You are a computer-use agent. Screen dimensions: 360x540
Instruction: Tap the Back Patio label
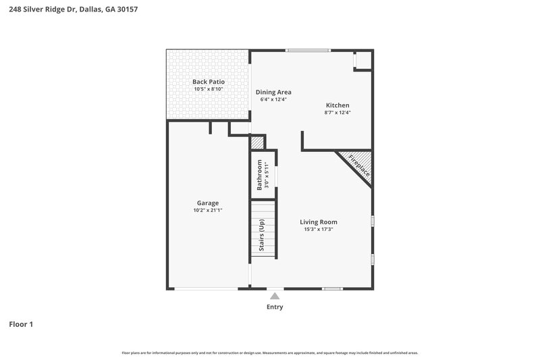point(208,82)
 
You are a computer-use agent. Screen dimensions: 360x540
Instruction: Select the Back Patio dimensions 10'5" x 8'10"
point(208,89)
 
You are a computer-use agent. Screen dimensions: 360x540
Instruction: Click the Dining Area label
point(273,92)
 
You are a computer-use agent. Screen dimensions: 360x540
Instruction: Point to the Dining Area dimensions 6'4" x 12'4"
point(273,100)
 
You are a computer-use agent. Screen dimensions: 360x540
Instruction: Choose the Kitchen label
point(337,105)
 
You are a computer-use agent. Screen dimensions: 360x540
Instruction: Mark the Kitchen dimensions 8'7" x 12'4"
point(337,113)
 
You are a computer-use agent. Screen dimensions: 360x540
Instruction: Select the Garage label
point(207,203)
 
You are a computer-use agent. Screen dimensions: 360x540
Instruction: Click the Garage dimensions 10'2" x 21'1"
point(207,211)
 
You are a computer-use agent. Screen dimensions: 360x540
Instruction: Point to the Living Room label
point(319,222)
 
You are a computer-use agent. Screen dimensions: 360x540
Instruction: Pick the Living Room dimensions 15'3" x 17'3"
point(319,230)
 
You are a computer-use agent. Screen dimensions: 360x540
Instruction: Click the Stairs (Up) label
point(262,235)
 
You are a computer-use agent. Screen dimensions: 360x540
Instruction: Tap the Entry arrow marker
point(275,295)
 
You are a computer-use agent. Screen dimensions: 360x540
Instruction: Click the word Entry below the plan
point(275,307)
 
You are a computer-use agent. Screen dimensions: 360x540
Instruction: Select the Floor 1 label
point(21,324)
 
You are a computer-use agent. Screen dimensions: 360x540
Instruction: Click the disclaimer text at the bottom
point(269,353)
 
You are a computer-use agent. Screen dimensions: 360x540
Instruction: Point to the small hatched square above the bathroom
point(257,143)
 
